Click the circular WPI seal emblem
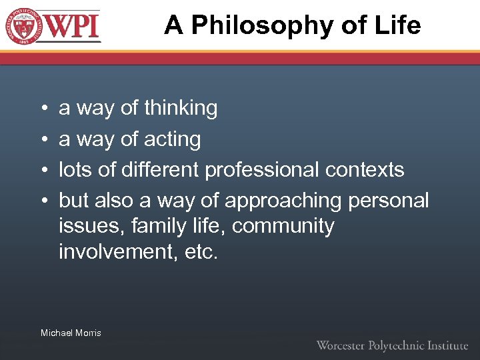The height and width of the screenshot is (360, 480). click(22, 26)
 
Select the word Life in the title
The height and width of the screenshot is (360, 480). click(397, 25)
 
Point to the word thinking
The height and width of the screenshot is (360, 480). click(181, 108)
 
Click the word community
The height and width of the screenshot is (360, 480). click(283, 226)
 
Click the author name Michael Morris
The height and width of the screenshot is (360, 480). click(71, 333)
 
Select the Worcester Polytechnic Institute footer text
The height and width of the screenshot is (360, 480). click(392, 345)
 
